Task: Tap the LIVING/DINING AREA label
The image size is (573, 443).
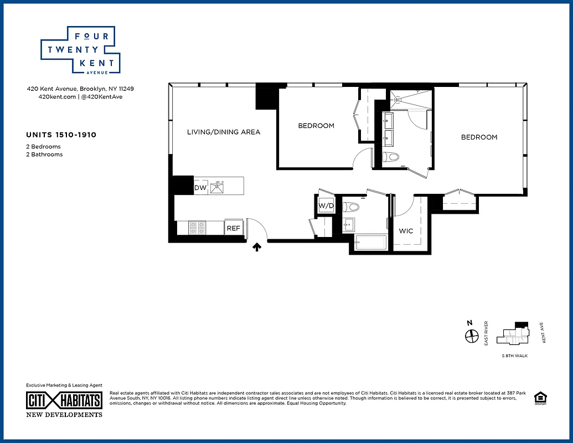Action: [223, 132]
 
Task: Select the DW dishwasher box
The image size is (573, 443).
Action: [200, 188]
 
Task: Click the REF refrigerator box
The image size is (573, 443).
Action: [233, 228]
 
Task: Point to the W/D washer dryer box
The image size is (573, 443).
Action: [326, 206]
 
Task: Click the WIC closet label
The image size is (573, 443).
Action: [406, 231]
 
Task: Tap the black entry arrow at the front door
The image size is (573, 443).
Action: [257, 248]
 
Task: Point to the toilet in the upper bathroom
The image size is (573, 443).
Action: [393, 157]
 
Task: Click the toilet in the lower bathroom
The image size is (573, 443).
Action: [352, 208]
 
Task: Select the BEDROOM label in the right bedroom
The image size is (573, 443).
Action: [479, 137]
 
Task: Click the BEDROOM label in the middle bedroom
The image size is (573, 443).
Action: [316, 126]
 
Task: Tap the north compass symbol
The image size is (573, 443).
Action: [471, 336]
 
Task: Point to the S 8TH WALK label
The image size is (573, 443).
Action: [514, 356]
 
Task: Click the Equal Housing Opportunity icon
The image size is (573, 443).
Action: [539, 398]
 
